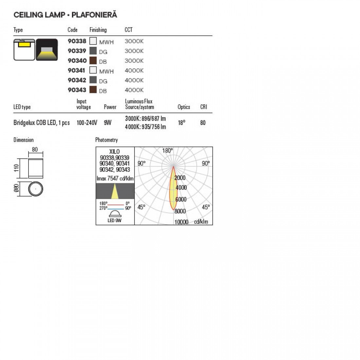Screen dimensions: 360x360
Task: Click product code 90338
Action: [77, 41]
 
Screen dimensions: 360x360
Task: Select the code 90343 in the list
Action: [77, 90]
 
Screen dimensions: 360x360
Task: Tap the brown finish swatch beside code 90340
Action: [93, 61]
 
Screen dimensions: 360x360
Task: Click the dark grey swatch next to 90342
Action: [93, 80]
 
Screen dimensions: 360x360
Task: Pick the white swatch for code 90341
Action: [93, 70]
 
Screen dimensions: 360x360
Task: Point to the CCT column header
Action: [129, 29]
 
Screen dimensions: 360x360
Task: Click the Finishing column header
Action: [98, 30]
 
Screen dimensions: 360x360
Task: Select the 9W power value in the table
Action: [107, 123]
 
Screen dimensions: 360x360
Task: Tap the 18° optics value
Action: [182, 123]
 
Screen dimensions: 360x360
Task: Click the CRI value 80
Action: [203, 123]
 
